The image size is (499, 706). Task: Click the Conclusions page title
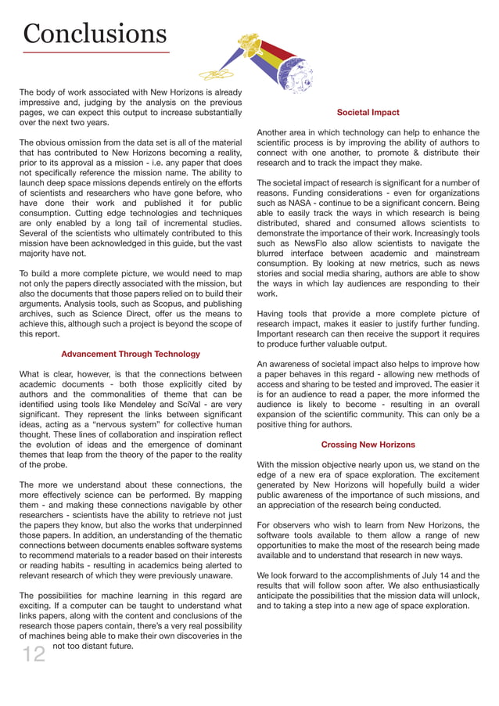[x=95, y=33]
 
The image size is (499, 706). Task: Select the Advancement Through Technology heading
[x=131, y=354]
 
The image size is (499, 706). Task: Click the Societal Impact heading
[x=368, y=113]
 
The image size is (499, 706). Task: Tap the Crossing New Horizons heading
[x=368, y=445]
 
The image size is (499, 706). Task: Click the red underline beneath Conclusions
[x=96, y=53]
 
